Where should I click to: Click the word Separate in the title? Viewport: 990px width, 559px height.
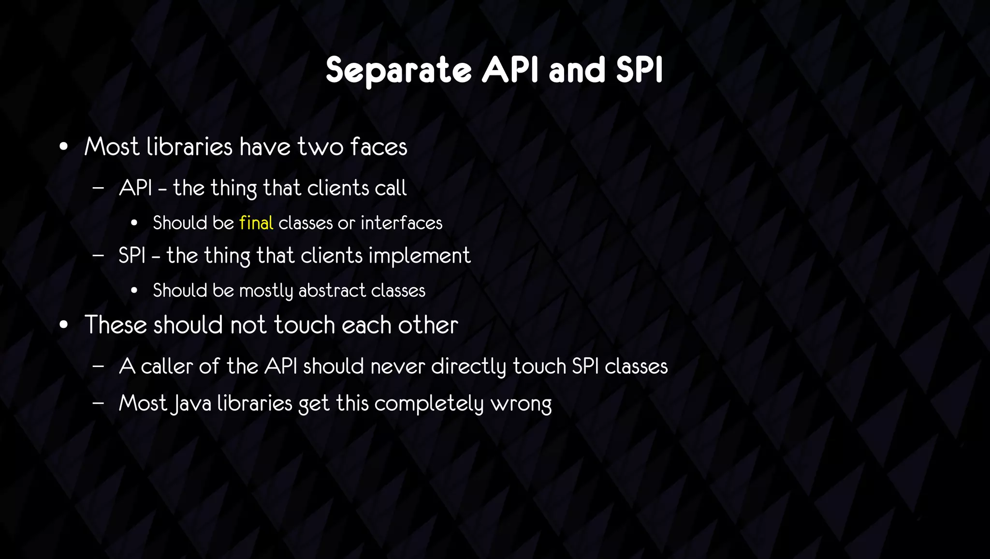coord(398,71)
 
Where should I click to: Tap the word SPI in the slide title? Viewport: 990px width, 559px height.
coord(639,71)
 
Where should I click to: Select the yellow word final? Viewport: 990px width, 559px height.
coord(256,223)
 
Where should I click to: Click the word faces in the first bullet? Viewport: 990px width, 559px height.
coord(379,147)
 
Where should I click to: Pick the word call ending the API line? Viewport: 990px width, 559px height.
coord(391,188)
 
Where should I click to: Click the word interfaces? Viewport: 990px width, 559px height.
coord(401,223)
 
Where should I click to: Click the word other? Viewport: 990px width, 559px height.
coord(428,324)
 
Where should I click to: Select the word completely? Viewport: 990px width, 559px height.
coord(429,403)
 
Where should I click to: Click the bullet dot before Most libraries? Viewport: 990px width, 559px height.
coord(63,147)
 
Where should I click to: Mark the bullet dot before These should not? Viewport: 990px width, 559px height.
coord(63,325)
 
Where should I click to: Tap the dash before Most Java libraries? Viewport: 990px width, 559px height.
coord(98,403)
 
